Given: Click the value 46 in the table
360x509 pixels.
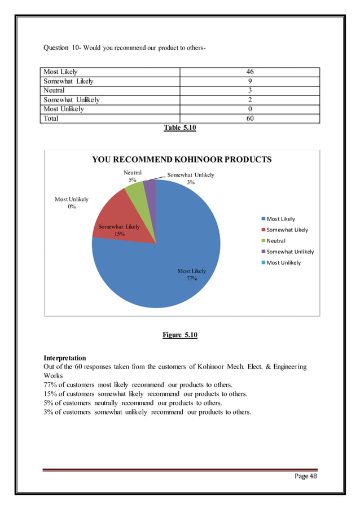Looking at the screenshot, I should point(249,72).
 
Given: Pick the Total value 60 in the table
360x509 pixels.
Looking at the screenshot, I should point(249,119).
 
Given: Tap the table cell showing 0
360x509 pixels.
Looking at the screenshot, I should point(249,109).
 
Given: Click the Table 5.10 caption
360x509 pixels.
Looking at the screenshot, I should point(179,128).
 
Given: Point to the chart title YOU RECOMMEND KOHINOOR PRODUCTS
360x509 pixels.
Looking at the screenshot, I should point(182,160).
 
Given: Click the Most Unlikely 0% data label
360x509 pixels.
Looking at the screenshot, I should point(72,203).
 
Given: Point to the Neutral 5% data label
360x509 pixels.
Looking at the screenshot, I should point(133,176).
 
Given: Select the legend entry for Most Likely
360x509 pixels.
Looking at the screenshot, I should point(280,219).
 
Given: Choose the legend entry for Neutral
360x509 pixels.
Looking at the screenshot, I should point(276,240).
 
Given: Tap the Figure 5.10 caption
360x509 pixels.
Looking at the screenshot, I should point(179,335).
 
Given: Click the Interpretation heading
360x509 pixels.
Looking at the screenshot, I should point(65,358).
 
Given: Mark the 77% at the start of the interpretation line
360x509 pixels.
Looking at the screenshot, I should point(50,385).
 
